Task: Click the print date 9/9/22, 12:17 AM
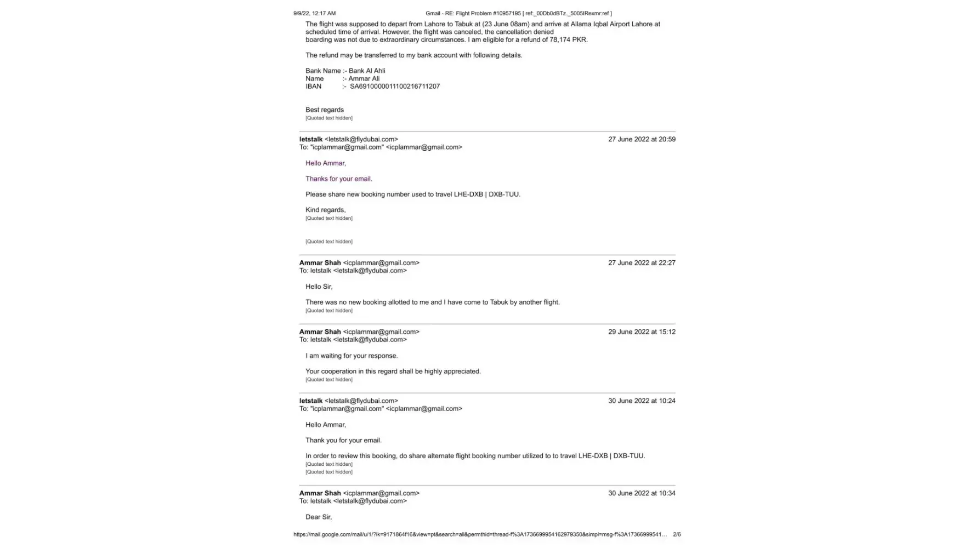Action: (314, 13)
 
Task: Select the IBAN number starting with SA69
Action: (394, 86)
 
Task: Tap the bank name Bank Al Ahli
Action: (367, 71)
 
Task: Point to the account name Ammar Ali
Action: (364, 78)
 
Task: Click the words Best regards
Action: (325, 110)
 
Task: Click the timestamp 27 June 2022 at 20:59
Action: (642, 139)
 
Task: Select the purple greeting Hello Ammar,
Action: (326, 163)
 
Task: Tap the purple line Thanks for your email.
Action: (338, 179)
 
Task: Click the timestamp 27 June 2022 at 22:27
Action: (642, 262)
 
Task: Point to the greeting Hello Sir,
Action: (319, 287)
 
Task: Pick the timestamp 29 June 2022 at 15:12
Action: (642, 332)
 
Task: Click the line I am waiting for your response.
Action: (352, 356)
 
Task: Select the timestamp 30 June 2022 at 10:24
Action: (642, 401)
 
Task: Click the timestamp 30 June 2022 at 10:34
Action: (642, 493)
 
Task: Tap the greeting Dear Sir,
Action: (319, 517)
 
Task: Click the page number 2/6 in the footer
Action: (677, 534)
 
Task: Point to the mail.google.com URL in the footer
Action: (480, 534)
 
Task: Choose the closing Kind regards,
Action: (325, 210)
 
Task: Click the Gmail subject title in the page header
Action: (518, 13)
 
